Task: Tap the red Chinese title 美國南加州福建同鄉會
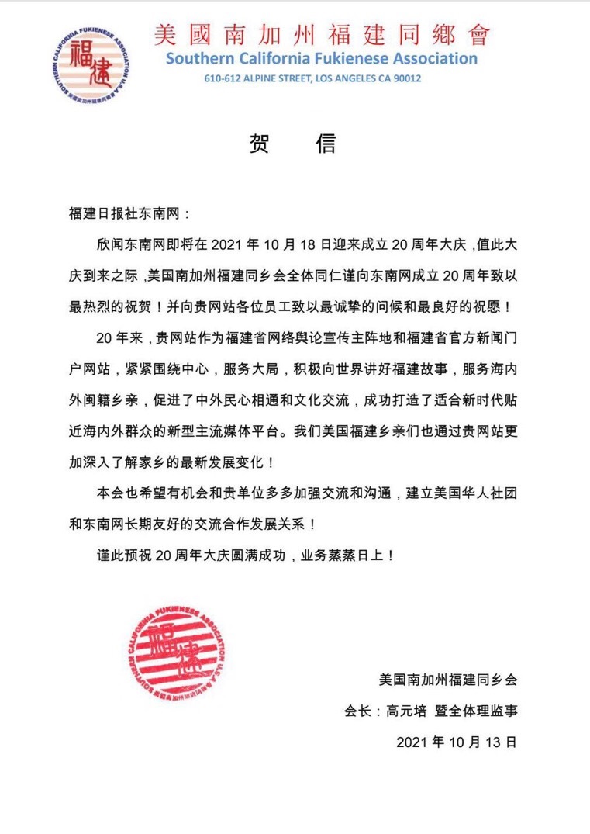[x=322, y=35]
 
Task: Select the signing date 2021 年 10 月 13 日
[x=456, y=741]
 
